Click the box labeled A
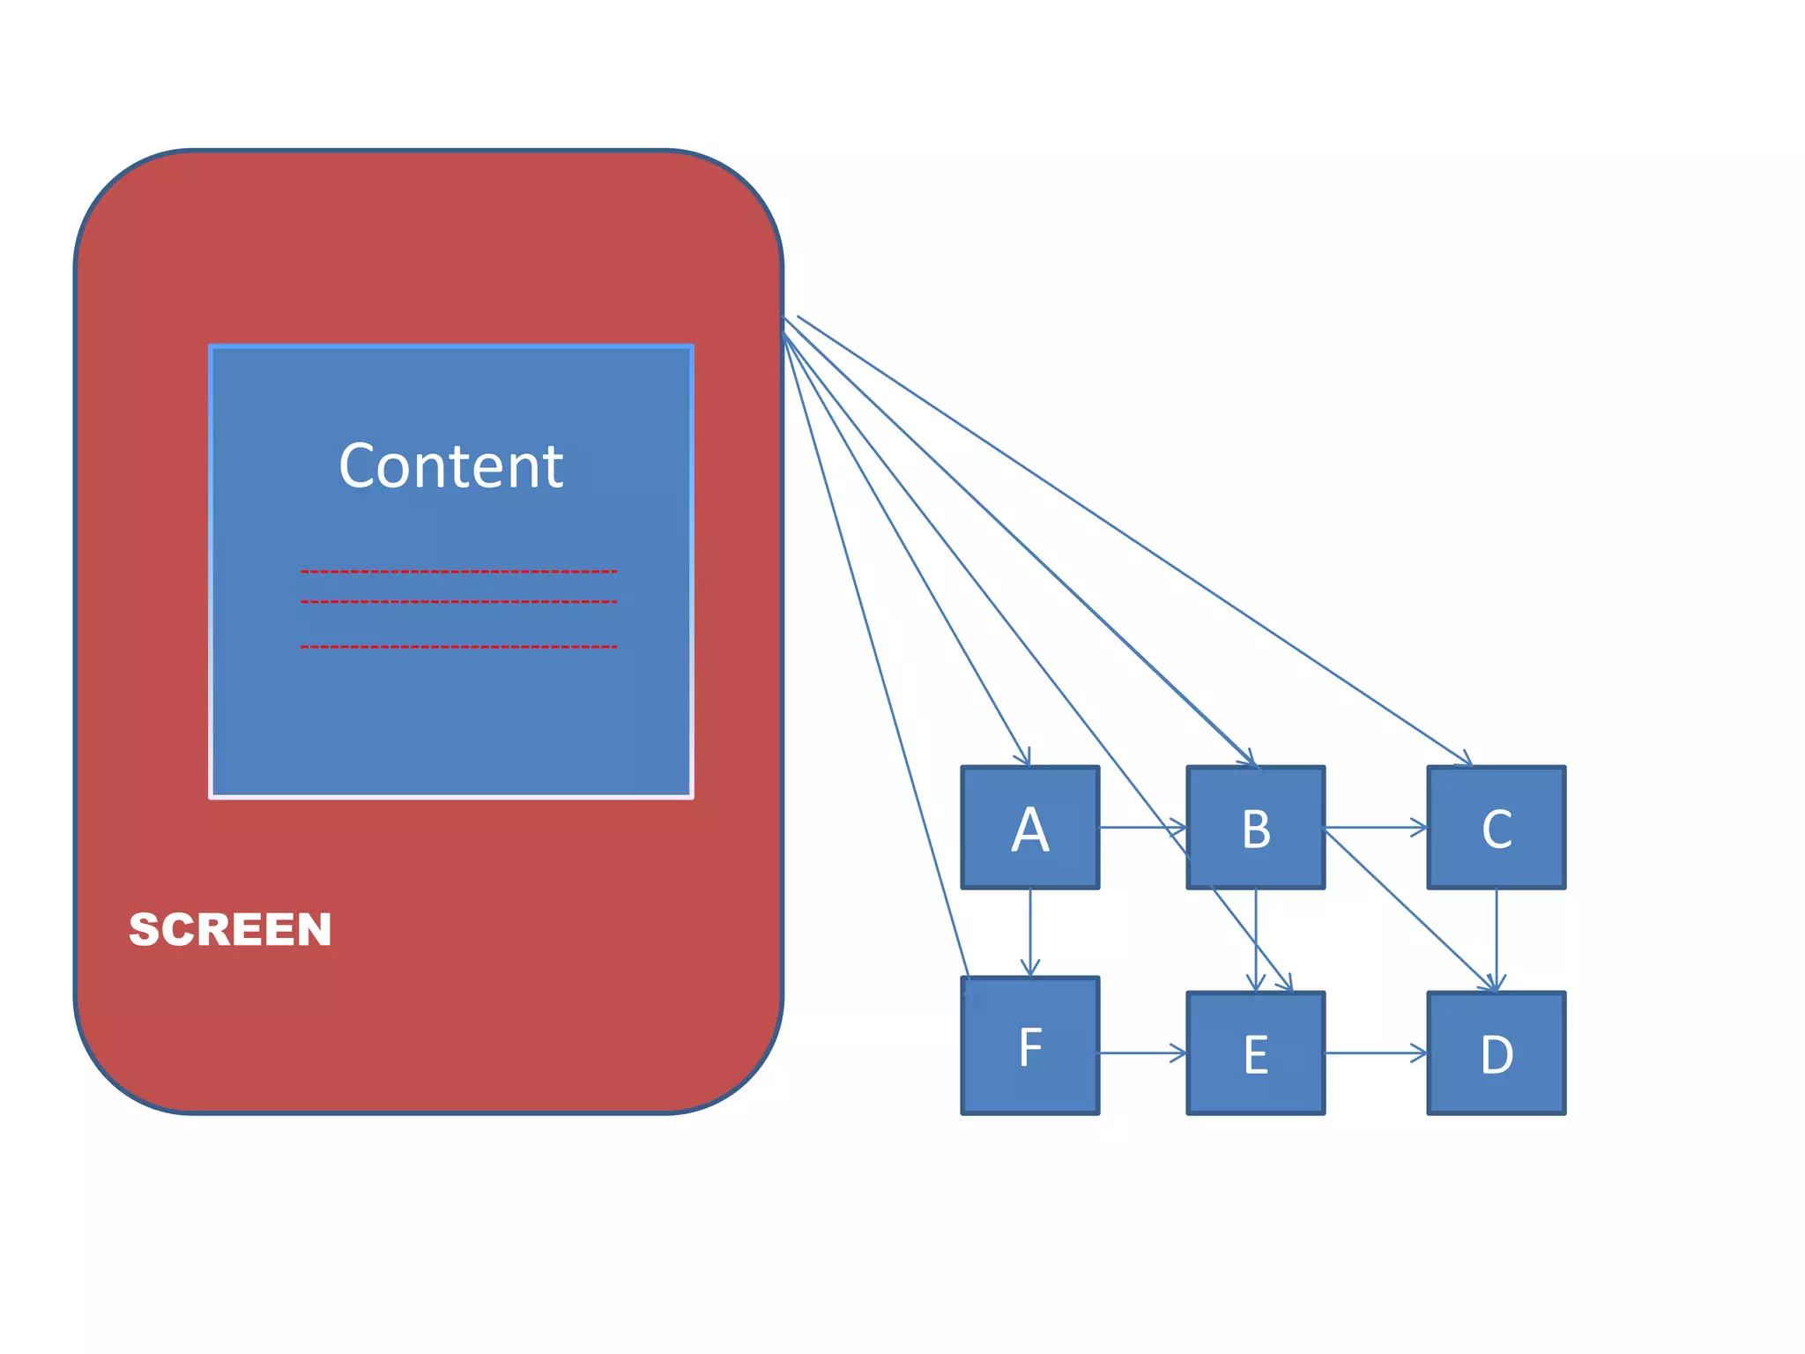pyautogui.click(x=1029, y=827)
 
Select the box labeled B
pyautogui.click(x=1255, y=827)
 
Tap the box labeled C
pyautogui.click(x=1496, y=827)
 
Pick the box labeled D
pyautogui.click(x=1496, y=1053)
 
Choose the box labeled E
pyautogui.click(x=1255, y=1053)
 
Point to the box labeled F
pyautogui.click(x=1029, y=1045)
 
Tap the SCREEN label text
pyautogui.click(x=230, y=929)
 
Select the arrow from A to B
pyautogui.click(x=1142, y=827)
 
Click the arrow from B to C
pyautogui.click(x=1375, y=827)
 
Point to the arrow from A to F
pyautogui.click(x=1029, y=932)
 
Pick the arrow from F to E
pyautogui.click(x=1142, y=1053)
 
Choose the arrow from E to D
pyautogui.click(x=1375, y=1053)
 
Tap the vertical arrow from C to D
pyautogui.click(x=1496, y=939)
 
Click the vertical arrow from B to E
pyautogui.click(x=1255, y=939)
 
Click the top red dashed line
pyautogui.click(x=458, y=572)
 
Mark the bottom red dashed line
pyautogui.click(x=458, y=647)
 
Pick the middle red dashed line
pyautogui.click(x=458, y=602)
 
